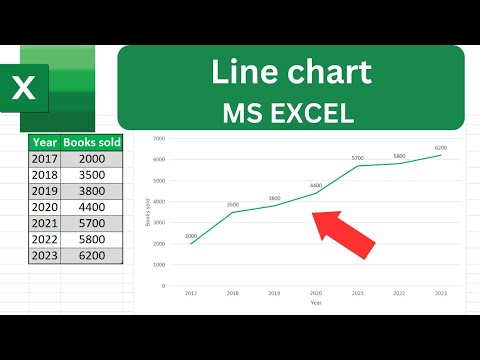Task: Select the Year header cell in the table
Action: [x=44, y=142]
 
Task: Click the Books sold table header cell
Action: [x=93, y=142]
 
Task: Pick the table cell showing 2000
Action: [x=93, y=158]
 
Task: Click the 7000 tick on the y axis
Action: [x=158, y=140]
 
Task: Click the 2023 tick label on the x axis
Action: [x=439, y=292]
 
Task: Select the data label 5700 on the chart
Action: [x=356, y=157]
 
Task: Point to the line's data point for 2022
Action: [x=398, y=163]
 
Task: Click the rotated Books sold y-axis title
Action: [x=145, y=212]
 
